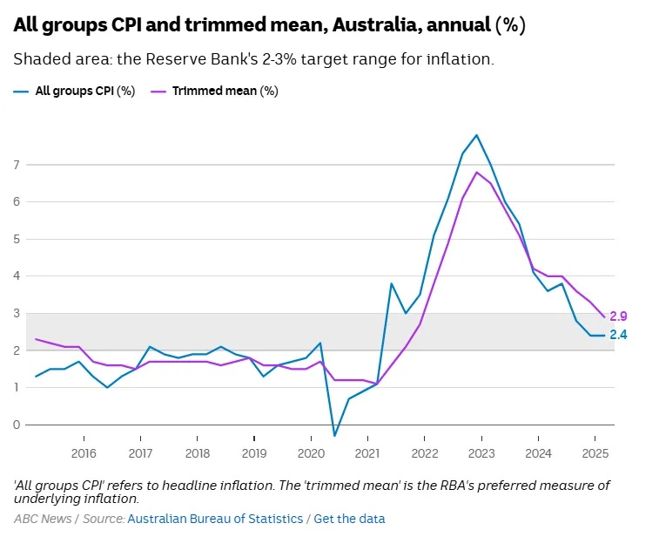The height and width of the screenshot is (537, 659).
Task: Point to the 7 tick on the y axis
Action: click(x=16, y=164)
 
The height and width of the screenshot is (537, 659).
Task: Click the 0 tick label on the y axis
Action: click(x=16, y=425)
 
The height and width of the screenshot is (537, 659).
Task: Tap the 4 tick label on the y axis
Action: click(x=16, y=275)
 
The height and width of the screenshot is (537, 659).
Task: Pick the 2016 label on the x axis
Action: click(x=84, y=453)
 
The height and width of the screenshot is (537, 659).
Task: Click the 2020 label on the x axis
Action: click(x=311, y=453)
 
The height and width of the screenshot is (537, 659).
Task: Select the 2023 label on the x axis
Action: click(x=481, y=453)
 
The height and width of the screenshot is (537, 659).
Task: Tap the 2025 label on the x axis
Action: click(x=595, y=453)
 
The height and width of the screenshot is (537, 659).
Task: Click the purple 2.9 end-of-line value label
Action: click(x=618, y=316)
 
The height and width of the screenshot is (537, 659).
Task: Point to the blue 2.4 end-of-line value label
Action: click(x=618, y=335)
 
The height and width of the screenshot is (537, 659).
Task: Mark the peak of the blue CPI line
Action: click(x=476, y=135)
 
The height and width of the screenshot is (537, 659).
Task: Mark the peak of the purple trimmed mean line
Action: click(x=476, y=172)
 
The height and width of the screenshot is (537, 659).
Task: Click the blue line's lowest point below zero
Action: click(x=334, y=436)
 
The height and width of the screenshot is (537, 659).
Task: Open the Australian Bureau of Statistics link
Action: click(x=215, y=519)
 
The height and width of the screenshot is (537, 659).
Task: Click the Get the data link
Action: click(x=349, y=519)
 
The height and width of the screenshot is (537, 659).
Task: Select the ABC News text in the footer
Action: click(x=43, y=519)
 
